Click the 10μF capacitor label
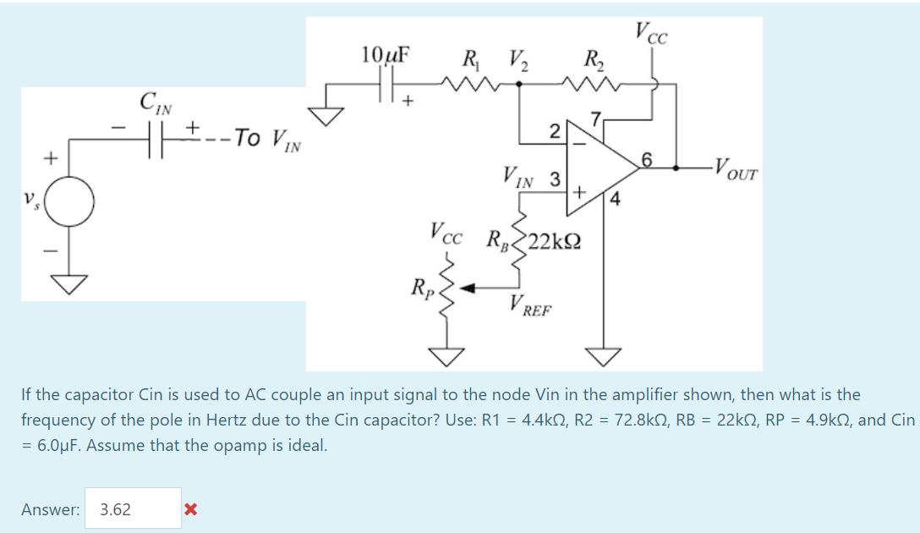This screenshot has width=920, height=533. coord(386,55)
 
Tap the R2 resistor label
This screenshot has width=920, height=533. coord(594,60)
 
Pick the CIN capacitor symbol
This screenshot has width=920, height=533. coord(155,136)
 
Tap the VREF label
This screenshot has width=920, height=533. coord(531,306)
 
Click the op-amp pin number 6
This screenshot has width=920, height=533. coord(648,160)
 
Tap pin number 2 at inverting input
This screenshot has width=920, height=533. coord(554,130)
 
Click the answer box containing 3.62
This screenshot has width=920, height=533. coord(133,508)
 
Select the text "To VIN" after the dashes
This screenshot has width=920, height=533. coord(269,137)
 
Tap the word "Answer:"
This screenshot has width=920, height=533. coord(52,509)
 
